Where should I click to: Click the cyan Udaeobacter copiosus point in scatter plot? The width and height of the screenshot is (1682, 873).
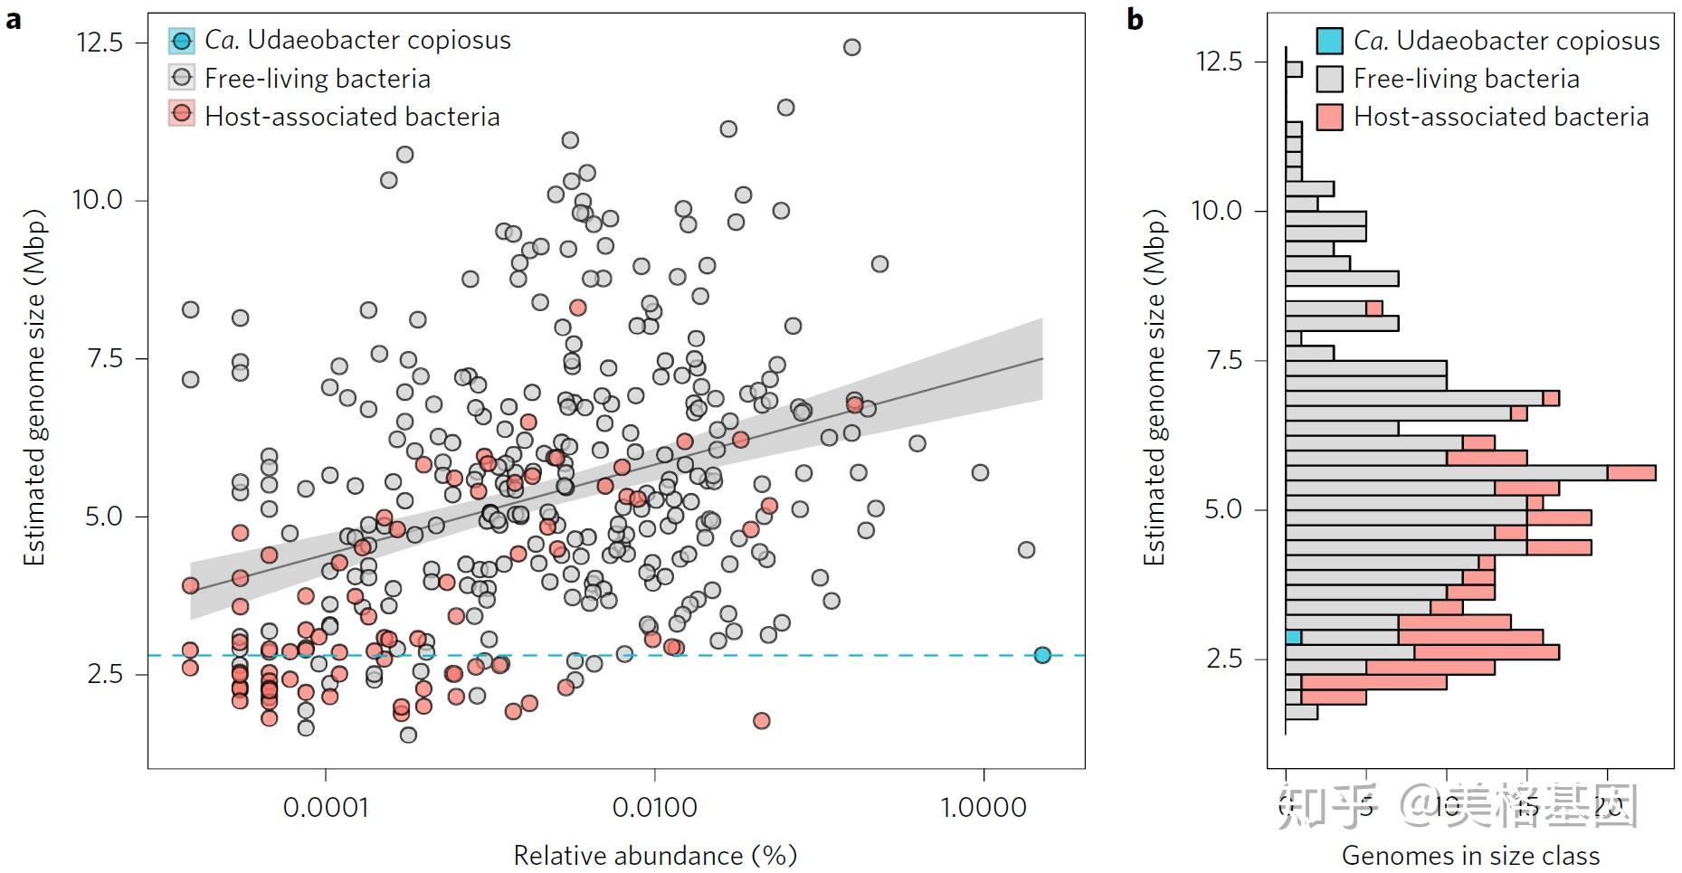click(1042, 655)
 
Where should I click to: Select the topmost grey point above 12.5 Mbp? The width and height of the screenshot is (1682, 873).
click(851, 47)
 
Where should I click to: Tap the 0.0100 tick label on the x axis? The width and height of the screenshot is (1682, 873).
click(654, 807)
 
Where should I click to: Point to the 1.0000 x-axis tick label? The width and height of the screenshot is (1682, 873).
click(984, 807)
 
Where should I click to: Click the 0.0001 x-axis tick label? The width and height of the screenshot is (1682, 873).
click(326, 807)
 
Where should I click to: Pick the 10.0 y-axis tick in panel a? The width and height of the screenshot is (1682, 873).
click(98, 200)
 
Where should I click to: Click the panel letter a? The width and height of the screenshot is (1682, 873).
click(13, 19)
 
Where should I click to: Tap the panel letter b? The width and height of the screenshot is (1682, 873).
click(1136, 19)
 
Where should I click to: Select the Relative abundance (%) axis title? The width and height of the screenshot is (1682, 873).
click(655, 855)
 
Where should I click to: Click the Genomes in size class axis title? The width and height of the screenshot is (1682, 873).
click(1470, 855)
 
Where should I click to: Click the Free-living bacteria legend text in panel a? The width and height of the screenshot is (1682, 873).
click(317, 79)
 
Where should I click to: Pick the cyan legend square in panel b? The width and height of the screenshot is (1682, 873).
click(1329, 41)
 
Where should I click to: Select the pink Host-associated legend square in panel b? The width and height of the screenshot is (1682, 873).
click(1329, 117)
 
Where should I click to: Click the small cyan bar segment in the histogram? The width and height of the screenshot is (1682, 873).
click(1293, 637)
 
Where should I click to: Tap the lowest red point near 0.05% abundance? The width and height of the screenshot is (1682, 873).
click(761, 721)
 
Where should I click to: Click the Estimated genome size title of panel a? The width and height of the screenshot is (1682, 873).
click(34, 389)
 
